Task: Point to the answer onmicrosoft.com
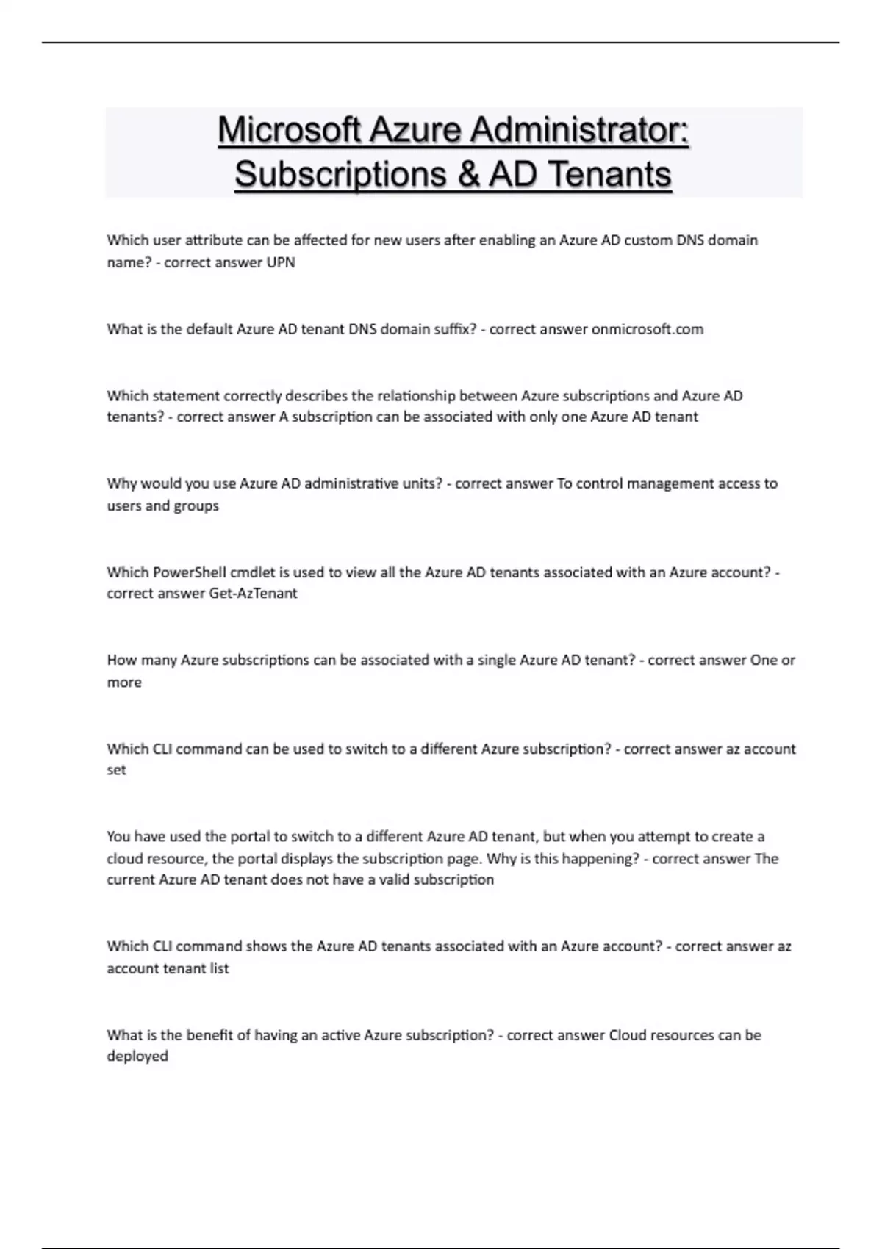648,329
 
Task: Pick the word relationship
416,395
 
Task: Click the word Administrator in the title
579,131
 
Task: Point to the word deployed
137,1056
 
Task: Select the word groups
196,505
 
